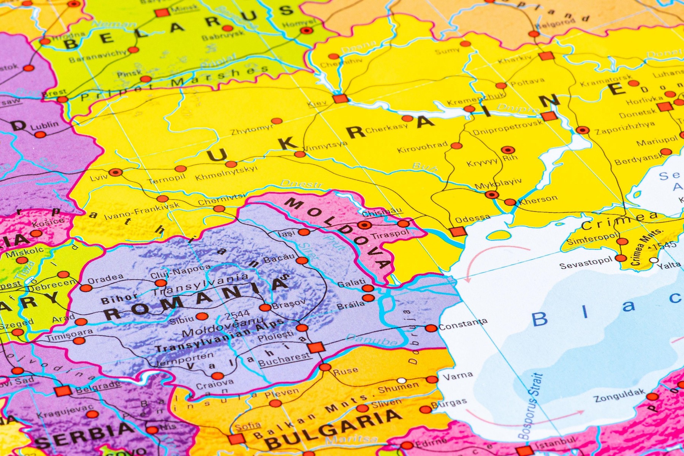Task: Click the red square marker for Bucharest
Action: coord(316,347)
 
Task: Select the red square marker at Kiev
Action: coord(340,99)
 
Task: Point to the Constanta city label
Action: coord(463,324)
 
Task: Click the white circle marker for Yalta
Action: coord(654,260)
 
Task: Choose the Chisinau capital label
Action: coord(382,212)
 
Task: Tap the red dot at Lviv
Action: coord(116,172)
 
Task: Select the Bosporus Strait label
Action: coord(530,407)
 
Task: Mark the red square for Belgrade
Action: coord(63,391)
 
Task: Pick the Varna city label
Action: coord(458,376)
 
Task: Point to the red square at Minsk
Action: coord(162,13)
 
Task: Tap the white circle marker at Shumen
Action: coord(401,380)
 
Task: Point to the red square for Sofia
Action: coord(236,439)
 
